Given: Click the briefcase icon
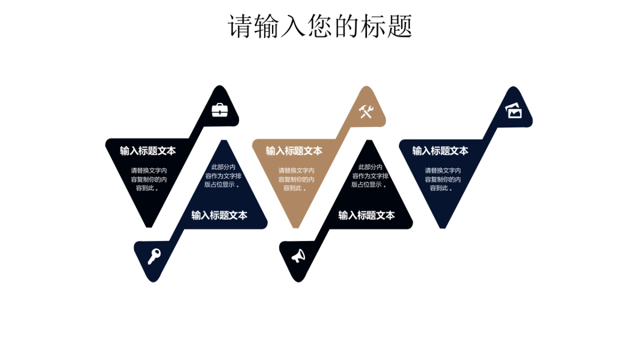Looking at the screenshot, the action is point(220,110).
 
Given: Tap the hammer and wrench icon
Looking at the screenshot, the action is point(366,111).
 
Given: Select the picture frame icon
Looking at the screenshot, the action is point(514,111).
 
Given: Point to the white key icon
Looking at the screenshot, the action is point(154,256).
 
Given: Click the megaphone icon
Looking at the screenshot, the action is point(298,257).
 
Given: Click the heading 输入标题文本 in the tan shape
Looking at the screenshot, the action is point(294,151).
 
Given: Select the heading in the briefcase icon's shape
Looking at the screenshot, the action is point(148,151).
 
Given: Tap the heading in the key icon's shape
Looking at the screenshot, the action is point(219,215).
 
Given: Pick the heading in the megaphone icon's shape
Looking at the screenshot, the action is point(366,215).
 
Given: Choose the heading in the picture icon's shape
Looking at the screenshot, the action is point(440,151).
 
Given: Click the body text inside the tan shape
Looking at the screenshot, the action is point(296,179).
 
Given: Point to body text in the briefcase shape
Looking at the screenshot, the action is point(149,179).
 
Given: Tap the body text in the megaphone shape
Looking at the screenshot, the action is point(370,176).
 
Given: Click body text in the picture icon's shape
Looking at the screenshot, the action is point(443,179).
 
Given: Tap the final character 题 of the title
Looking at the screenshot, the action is point(400,26).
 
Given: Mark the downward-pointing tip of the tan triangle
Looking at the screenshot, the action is point(296,226).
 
